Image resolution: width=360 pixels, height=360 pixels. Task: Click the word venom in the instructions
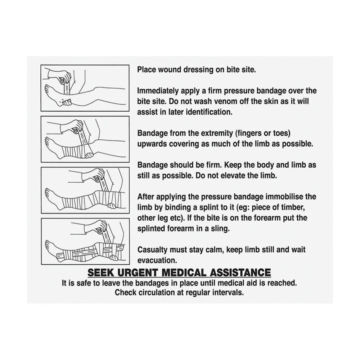[222, 101]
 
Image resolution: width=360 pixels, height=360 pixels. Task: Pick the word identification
[210, 112]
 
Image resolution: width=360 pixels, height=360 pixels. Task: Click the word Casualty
[152, 249]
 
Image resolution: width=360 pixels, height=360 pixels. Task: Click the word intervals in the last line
[230, 292]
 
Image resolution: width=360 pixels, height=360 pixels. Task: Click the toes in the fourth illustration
[48, 245]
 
